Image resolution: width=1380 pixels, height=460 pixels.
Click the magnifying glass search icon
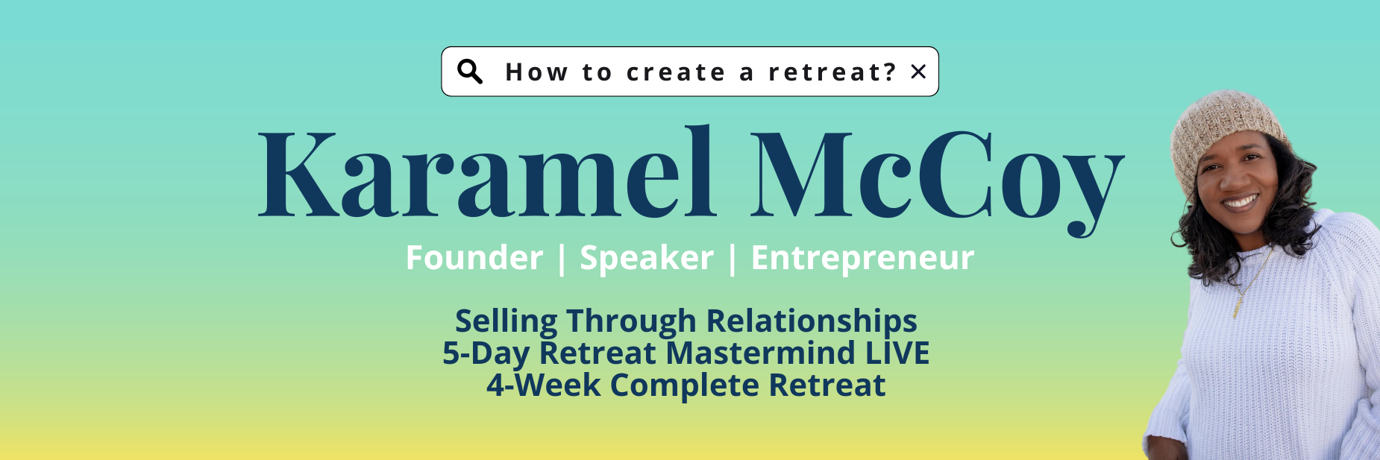[470, 72]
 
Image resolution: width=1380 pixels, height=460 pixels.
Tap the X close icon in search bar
[918, 72]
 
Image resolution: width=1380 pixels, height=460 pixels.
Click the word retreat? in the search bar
[832, 72]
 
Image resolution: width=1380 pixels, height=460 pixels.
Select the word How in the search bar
[536, 72]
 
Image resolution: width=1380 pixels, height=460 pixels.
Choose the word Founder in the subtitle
[474, 258]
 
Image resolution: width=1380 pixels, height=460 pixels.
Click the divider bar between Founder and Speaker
[562, 259]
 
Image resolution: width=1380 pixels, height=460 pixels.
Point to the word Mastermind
[760, 353]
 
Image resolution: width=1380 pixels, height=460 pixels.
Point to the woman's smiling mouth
[1240, 201]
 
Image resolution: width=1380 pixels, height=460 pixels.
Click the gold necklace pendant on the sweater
[1238, 305]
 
